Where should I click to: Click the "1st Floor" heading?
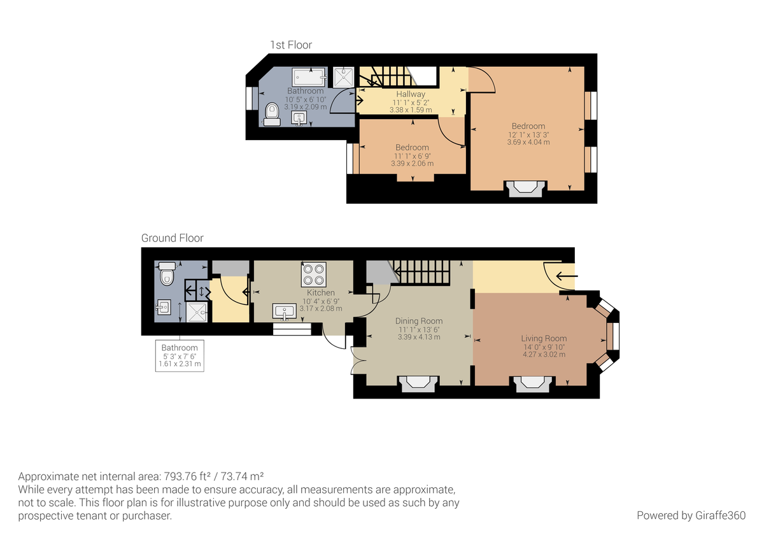pos(291,45)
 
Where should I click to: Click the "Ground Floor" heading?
pos(172,238)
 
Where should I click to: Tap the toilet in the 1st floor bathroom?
pos(272,113)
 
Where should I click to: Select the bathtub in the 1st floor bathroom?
pos(309,77)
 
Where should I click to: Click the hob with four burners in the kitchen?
pos(313,274)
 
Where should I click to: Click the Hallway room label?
pos(411,94)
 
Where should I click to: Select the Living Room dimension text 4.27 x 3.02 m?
pos(544,355)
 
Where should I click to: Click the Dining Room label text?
pos(418,321)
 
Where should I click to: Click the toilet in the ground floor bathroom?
pos(167,274)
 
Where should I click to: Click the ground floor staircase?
pos(421,273)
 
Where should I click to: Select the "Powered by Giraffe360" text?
pos(691,515)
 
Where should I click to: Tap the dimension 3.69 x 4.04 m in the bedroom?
pos(528,142)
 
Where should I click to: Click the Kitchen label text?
pos(321,293)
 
